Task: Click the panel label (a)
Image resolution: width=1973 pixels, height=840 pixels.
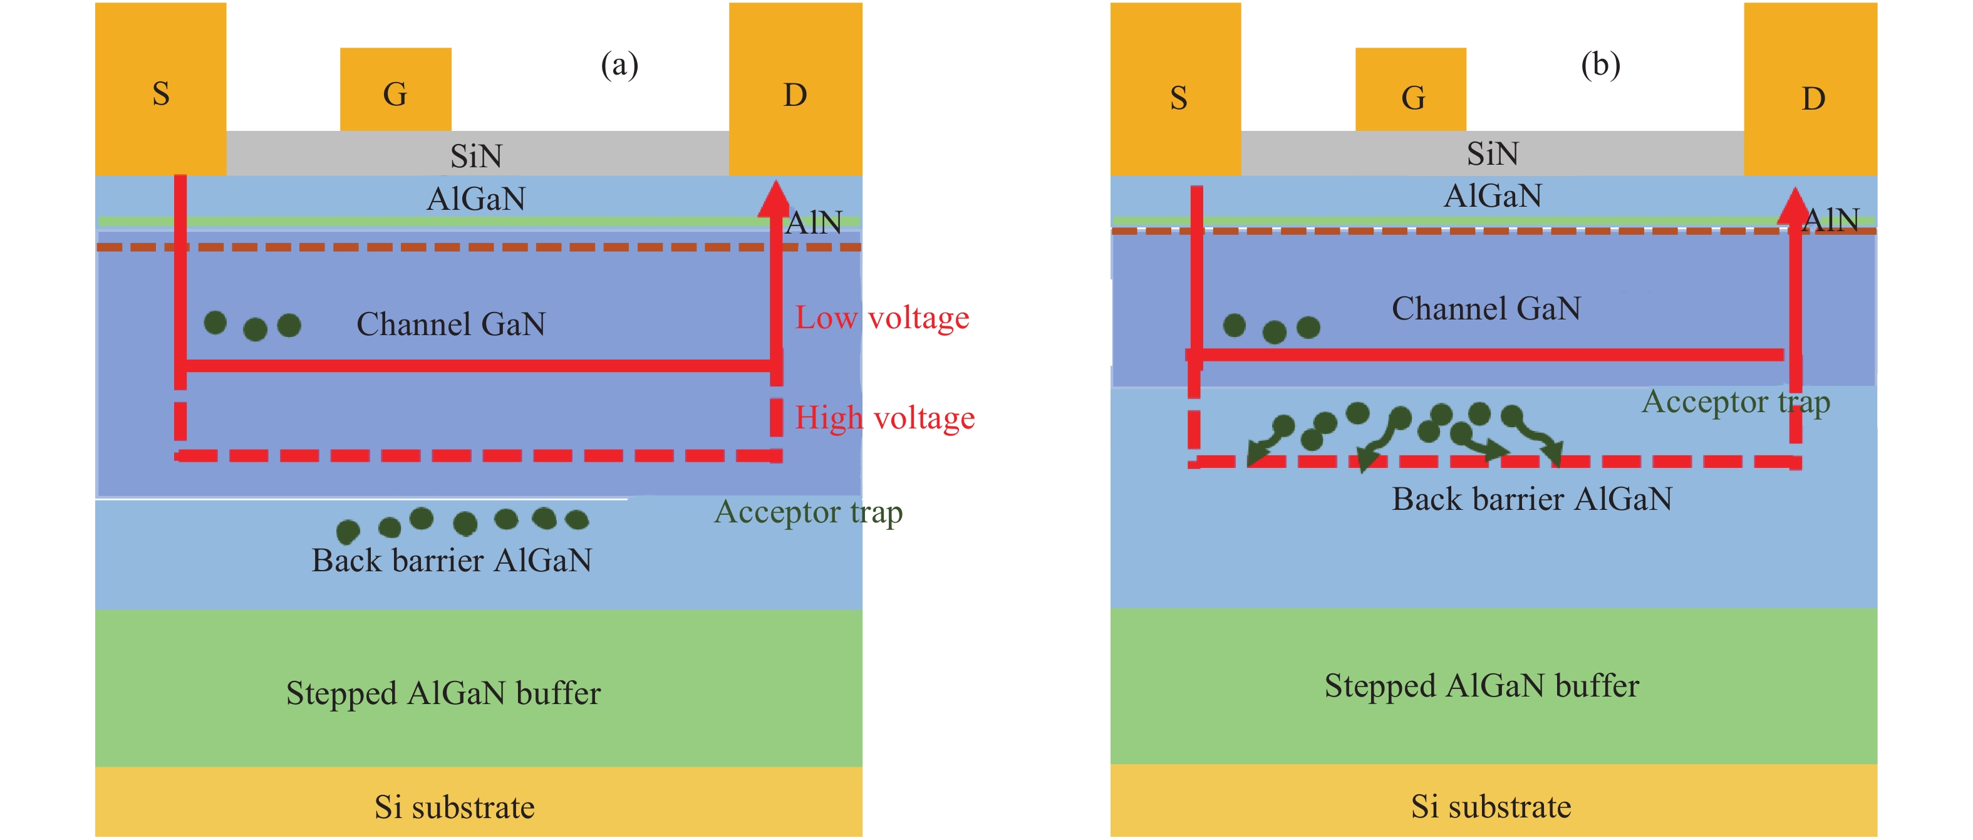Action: click(619, 65)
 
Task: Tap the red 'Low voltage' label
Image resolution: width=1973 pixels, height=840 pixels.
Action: click(881, 317)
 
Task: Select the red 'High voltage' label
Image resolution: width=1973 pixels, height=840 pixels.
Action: click(884, 418)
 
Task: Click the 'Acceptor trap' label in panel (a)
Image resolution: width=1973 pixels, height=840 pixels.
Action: click(808, 512)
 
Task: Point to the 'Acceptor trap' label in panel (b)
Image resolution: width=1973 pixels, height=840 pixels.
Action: click(1736, 402)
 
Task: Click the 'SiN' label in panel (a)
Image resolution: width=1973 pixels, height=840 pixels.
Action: click(475, 156)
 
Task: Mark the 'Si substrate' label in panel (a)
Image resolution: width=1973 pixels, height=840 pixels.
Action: click(454, 806)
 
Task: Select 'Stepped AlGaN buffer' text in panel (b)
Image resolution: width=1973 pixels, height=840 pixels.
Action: click(1481, 685)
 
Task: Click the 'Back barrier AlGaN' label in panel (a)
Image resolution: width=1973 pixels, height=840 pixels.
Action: click(451, 560)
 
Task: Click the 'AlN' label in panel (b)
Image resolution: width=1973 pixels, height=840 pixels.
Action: click(1831, 220)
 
